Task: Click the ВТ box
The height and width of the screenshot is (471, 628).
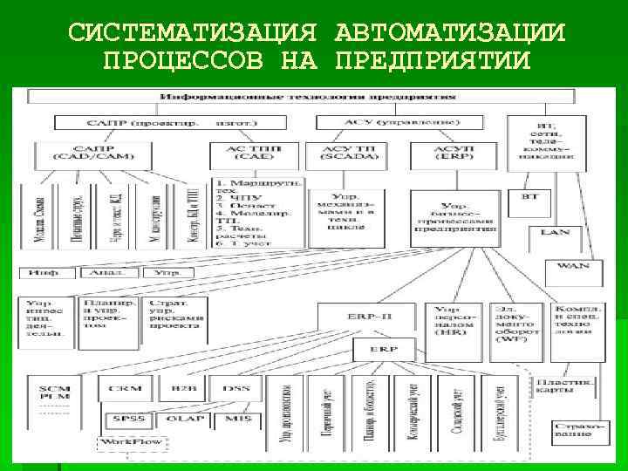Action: pyautogui.click(x=530, y=197)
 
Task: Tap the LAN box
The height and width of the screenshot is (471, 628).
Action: pyautogui.click(x=555, y=233)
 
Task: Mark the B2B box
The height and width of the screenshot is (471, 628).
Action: pyautogui.click(x=183, y=388)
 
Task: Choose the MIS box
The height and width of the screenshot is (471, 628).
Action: pyautogui.click(x=235, y=420)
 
